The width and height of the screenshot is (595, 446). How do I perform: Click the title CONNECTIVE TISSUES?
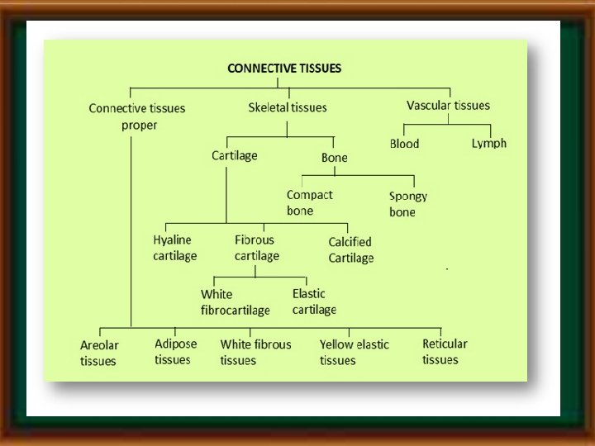(x=283, y=69)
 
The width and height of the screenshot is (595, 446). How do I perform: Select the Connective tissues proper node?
(x=136, y=116)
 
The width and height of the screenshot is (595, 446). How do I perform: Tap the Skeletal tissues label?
(x=287, y=107)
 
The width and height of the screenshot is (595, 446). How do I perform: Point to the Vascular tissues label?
(x=448, y=106)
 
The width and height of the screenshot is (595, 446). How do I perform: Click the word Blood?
(x=404, y=144)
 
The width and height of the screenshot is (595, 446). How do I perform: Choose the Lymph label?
(x=488, y=144)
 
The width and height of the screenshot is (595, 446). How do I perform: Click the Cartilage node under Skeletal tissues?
(x=234, y=155)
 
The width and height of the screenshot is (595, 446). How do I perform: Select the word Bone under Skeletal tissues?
(x=334, y=157)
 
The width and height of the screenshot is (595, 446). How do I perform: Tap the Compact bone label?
(x=309, y=202)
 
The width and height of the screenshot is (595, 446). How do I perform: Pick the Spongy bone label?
(x=407, y=204)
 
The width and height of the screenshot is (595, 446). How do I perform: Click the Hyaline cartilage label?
(x=174, y=248)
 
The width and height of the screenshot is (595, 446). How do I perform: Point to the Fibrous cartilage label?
(x=256, y=248)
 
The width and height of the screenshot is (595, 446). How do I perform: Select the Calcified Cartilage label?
(x=350, y=249)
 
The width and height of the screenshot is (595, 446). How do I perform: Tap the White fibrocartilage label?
(x=235, y=302)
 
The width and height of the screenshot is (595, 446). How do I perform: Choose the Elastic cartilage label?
(x=314, y=301)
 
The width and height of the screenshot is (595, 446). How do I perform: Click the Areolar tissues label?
(x=99, y=353)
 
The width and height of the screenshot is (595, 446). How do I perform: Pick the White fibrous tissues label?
(x=255, y=352)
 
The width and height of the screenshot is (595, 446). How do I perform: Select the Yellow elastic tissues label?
(x=354, y=352)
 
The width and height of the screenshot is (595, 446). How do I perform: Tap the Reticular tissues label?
(x=445, y=351)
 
